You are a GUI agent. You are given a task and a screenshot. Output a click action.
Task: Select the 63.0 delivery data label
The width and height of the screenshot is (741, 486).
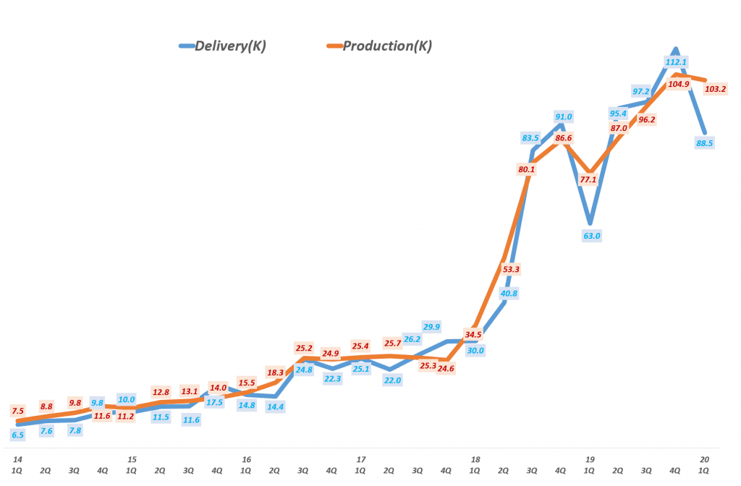point(592,235)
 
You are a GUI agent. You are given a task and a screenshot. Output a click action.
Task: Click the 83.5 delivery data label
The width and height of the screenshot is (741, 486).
point(530,138)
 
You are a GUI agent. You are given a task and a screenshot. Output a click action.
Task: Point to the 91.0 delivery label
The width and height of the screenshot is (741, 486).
point(563,116)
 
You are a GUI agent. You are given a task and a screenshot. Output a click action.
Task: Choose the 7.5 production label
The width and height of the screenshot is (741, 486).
point(18,410)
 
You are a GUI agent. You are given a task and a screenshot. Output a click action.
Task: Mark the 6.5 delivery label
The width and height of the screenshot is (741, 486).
point(18,435)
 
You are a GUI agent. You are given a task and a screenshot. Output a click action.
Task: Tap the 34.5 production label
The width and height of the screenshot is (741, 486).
point(473,335)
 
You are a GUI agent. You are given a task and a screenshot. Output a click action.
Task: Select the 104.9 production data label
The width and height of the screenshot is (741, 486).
point(678,84)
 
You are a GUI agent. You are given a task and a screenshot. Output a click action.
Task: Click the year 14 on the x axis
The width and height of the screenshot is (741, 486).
point(16,459)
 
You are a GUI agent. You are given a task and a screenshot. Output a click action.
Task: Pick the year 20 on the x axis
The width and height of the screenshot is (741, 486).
point(705,459)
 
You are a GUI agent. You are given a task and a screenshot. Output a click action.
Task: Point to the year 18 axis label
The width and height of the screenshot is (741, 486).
point(475,459)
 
